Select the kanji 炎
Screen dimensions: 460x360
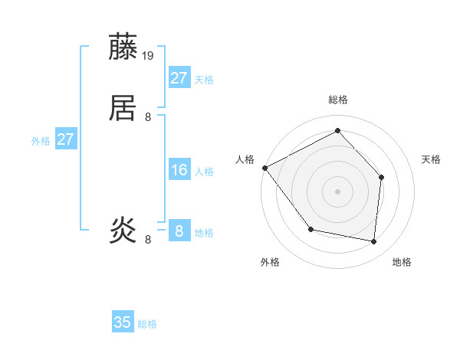[124, 229]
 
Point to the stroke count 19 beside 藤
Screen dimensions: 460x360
[149, 56]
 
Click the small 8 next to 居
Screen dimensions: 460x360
[149, 117]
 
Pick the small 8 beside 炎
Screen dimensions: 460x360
[149, 240]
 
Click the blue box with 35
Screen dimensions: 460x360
[123, 322]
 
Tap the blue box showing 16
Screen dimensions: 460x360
[179, 170]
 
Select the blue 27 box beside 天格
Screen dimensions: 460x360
[179, 78]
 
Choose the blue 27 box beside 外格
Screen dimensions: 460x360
[66, 140]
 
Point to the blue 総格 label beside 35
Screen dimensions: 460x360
[147, 324]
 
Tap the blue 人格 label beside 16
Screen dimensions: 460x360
[205, 172]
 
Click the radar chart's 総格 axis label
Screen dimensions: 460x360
[337, 100]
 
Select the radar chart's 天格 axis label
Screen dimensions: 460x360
[432, 159]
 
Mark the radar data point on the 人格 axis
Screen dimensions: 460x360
[264, 168]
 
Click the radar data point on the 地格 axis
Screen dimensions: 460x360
[374, 241]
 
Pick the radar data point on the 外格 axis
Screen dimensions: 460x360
[310, 229]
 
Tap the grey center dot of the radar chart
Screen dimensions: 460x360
[337, 191]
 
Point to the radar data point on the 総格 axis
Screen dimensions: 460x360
[337, 131]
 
